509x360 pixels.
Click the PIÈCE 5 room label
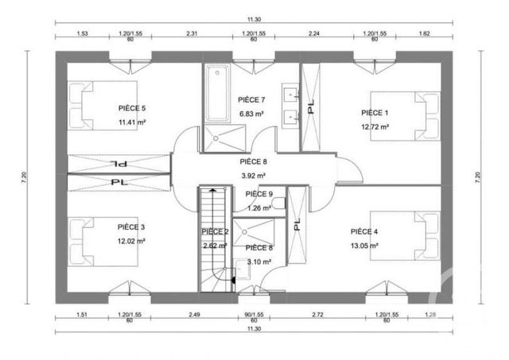132,108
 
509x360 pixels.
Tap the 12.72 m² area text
375,127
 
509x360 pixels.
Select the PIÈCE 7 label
251,99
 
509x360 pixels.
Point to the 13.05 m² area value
364,246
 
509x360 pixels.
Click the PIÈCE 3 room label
131,227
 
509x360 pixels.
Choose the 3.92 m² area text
253,176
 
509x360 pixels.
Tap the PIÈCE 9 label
258,194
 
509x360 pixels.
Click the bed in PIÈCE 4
414,236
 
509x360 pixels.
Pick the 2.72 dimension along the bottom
317,315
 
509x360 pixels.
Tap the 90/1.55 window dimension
254,315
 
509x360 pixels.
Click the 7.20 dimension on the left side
24,176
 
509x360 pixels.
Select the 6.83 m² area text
251,114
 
